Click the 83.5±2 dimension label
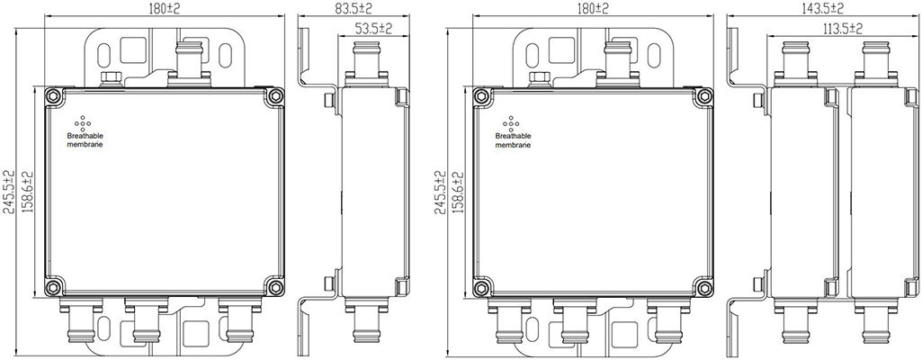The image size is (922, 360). pyautogui.click(x=353, y=8)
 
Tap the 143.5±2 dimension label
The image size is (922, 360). pyautogui.click(x=821, y=8)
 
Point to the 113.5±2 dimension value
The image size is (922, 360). pyautogui.click(x=841, y=28)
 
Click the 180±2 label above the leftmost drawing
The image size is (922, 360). pyautogui.click(x=165, y=8)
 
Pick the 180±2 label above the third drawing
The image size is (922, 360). pyautogui.click(x=593, y=8)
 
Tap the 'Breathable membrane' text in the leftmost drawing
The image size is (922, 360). pyautogui.click(x=85, y=140)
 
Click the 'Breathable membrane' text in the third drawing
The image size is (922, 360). pyautogui.click(x=513, y=140)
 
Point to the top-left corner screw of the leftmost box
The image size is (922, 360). pyautogui.click(x=53, y=96)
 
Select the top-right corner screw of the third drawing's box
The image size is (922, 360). pyautogui.click(x=703, y=96)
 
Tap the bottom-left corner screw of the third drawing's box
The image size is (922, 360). pyautogui.click(x=481, y=287)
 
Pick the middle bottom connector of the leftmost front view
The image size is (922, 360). pyautogui.click(x=147, y=320)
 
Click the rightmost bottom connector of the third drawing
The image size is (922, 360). pyautogui.click(x=668, y=320)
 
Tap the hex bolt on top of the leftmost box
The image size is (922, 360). pyautogui.click(x=112, y=79)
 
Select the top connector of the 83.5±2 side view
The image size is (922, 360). pyautogui.click(x=366, y=63)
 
